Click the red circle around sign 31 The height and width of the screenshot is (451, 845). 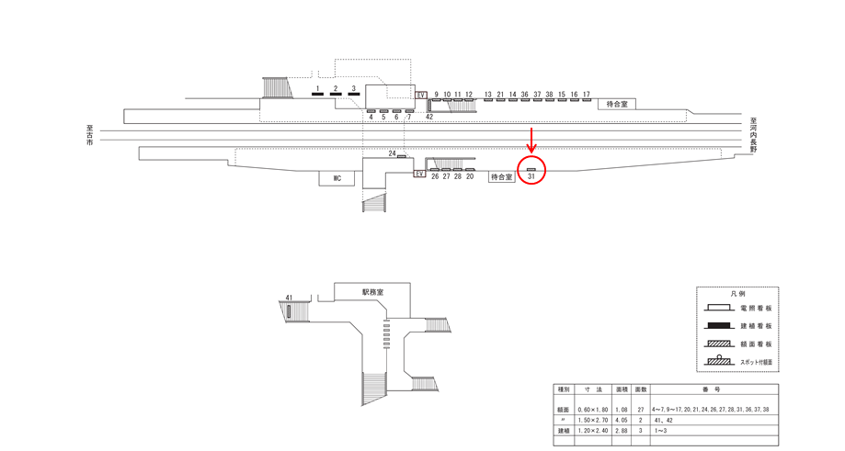click(531, 170)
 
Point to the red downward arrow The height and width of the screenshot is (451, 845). click(531, 141)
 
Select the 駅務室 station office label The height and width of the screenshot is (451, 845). click(372, 291)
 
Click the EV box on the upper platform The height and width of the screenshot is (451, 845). click(422, 95)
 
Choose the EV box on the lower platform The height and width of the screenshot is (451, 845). click(420, 174)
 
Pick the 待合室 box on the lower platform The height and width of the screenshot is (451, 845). click(500, 176)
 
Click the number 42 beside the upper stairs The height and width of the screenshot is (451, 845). click(429, 117)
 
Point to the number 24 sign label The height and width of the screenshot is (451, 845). click(393, 152)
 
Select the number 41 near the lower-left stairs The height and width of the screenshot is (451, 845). click(289, 298)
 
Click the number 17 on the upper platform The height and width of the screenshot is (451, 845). click(586, 95)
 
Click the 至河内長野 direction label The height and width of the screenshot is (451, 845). click(753, 135)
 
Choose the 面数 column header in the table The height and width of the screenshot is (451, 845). click(641, 389)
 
